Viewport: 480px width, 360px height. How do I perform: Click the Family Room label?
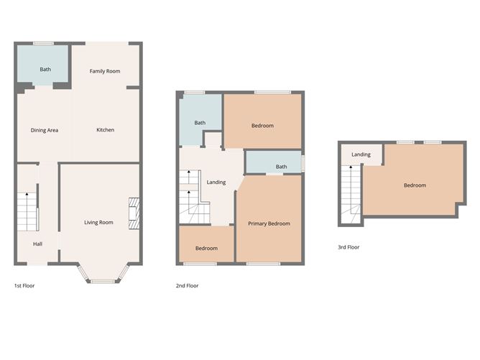(104, 71)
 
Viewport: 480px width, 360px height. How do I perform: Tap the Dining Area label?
(44, 130)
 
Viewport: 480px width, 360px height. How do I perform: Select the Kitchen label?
(106, 130)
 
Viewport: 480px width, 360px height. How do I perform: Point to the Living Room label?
(98, 223)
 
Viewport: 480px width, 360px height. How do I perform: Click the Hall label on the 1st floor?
(37, 244)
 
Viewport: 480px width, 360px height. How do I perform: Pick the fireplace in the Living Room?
(134, 213)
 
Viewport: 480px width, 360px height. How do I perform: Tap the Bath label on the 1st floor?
(45, 70)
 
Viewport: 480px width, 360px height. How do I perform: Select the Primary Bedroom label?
(269, 223)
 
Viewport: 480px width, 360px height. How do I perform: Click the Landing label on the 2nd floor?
(216, 182)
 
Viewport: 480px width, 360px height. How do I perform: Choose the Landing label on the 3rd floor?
(361, 154)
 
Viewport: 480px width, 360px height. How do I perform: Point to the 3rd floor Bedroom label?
(415, 185)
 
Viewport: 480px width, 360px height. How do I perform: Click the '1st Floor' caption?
(24, 286)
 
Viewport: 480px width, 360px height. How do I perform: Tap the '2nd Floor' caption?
(188, 286)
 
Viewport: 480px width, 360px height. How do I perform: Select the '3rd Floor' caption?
(349, 247)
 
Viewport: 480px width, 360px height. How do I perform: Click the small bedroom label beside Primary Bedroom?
(206, 249)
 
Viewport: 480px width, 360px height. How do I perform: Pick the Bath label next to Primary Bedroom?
(282, 167)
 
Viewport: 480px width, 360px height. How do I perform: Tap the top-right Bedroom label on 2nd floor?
(262, 126)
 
